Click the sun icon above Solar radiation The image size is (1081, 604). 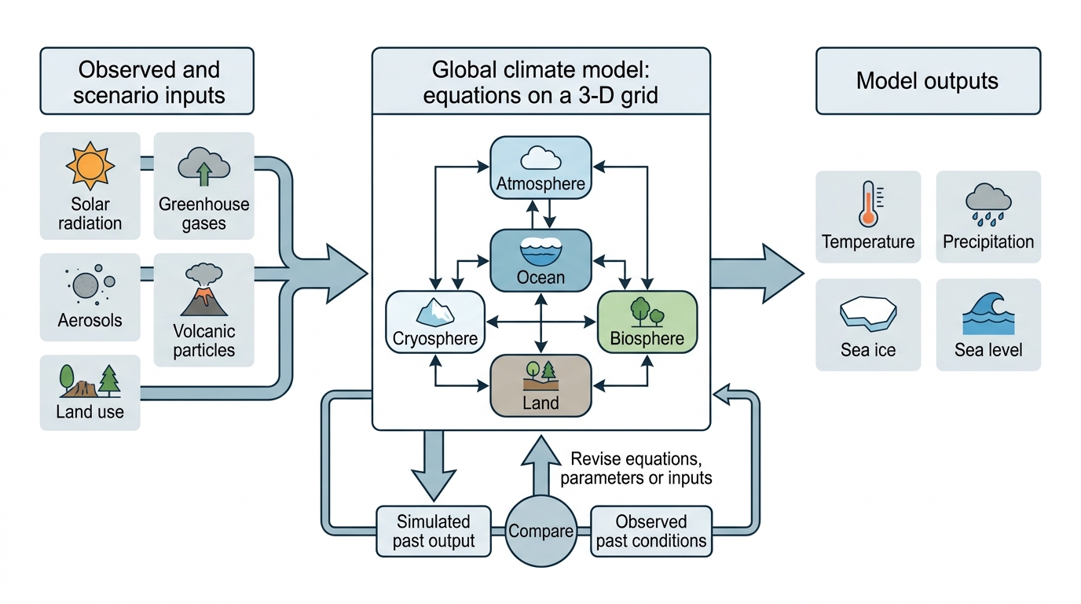[x=90, y=165]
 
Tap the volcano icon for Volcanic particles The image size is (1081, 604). [x=204, y=289]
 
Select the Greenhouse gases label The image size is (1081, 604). [x=203, y=214]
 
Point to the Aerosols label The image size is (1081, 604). [x=90, y=320]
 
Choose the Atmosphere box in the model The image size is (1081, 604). [x=540, y=168]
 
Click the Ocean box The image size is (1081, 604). [x=540, y=260]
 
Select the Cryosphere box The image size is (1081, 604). [x=434, y=322]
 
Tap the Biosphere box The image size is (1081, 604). [x=647, y=322]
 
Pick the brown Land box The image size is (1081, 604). [x=540, y=385]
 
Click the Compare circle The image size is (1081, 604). [x=540, y=531]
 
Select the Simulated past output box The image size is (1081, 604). [x=434, y=531]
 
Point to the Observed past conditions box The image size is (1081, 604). [x=651, y=531]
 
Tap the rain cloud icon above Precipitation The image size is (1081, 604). [x=988, y=204]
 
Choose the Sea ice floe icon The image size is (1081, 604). [x=867, y=314]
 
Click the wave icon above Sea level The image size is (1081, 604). [x=988, y=314]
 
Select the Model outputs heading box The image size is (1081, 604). [x=928, y=81]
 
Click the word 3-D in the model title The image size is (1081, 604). [x=596, y=95]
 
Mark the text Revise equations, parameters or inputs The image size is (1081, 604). [x=636, y=468]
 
